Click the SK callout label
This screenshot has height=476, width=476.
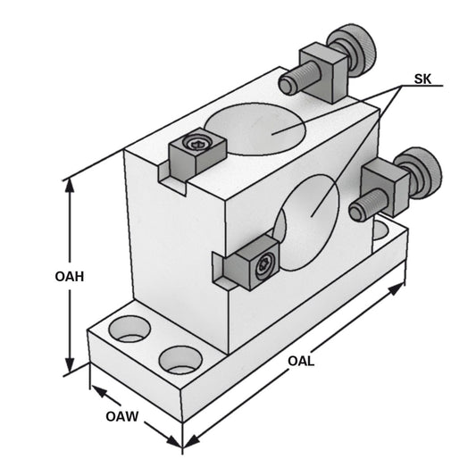(x=424, y=79)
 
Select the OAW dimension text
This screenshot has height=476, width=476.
(x=122, y=416)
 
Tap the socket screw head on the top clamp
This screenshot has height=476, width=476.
(x=197, y=143)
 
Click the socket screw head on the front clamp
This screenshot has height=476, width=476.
(x=264, y=265)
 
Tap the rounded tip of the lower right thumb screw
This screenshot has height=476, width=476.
(x=356, y=212)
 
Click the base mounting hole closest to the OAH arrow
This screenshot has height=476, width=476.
(x=130, y=330)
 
